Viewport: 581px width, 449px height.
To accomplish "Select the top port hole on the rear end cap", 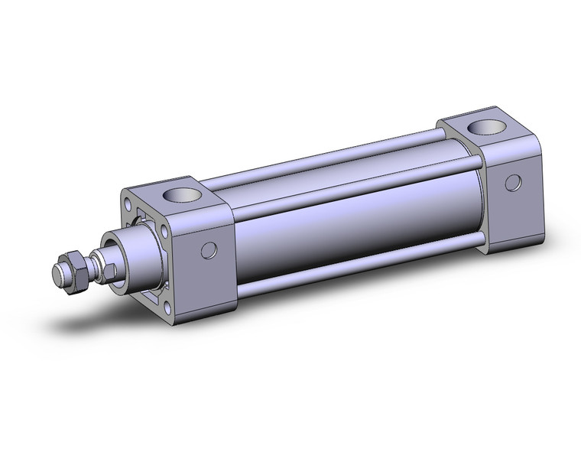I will click(483, 125).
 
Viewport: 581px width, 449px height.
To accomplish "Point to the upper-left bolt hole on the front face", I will click(127, 205).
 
